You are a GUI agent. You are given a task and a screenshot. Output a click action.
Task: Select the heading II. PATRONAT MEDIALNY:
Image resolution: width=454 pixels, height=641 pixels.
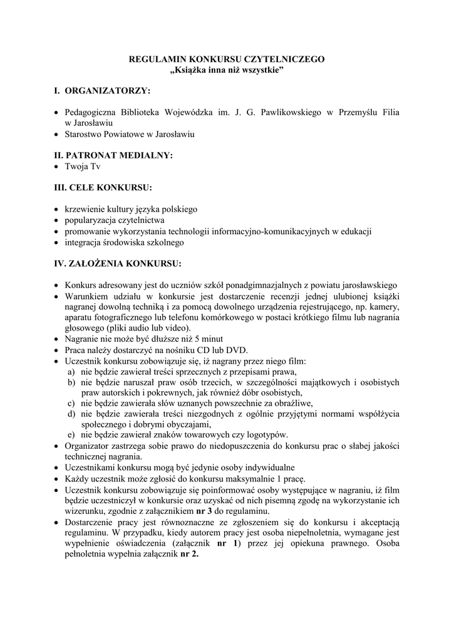point(113,155)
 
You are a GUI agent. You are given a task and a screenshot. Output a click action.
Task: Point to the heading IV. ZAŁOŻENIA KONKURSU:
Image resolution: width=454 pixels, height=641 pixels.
point(118,262)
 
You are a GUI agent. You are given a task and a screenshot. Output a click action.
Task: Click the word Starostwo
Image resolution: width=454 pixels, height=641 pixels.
point(84,134)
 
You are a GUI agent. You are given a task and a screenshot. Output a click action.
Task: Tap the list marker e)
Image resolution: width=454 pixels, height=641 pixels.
point(72,434)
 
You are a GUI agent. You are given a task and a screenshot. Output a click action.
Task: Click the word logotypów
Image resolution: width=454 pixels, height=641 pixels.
point(267,434)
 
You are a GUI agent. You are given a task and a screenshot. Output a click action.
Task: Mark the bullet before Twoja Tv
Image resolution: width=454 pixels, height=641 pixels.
point(58,167)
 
